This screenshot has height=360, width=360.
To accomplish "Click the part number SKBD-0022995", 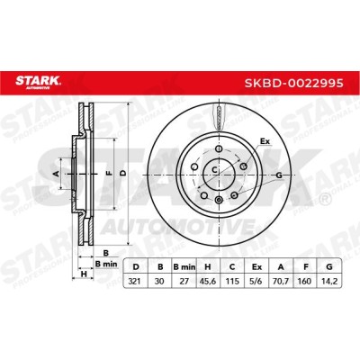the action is tap(293, 83).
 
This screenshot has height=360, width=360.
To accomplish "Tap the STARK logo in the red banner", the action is tap(38, 82).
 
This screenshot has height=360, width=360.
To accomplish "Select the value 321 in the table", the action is tap(135, 282).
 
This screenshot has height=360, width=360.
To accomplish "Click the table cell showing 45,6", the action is tap(208, 282).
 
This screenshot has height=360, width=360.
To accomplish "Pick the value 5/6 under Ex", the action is tap(256, 282).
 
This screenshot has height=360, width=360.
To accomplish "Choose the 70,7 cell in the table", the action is tap(281, 282).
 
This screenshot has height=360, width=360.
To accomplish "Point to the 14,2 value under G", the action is tap(329, 282).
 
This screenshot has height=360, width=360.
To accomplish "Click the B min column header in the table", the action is tap(184, 266).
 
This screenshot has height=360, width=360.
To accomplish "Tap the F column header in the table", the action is tap(305, 266).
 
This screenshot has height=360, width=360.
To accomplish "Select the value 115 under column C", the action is tap(232, 282).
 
